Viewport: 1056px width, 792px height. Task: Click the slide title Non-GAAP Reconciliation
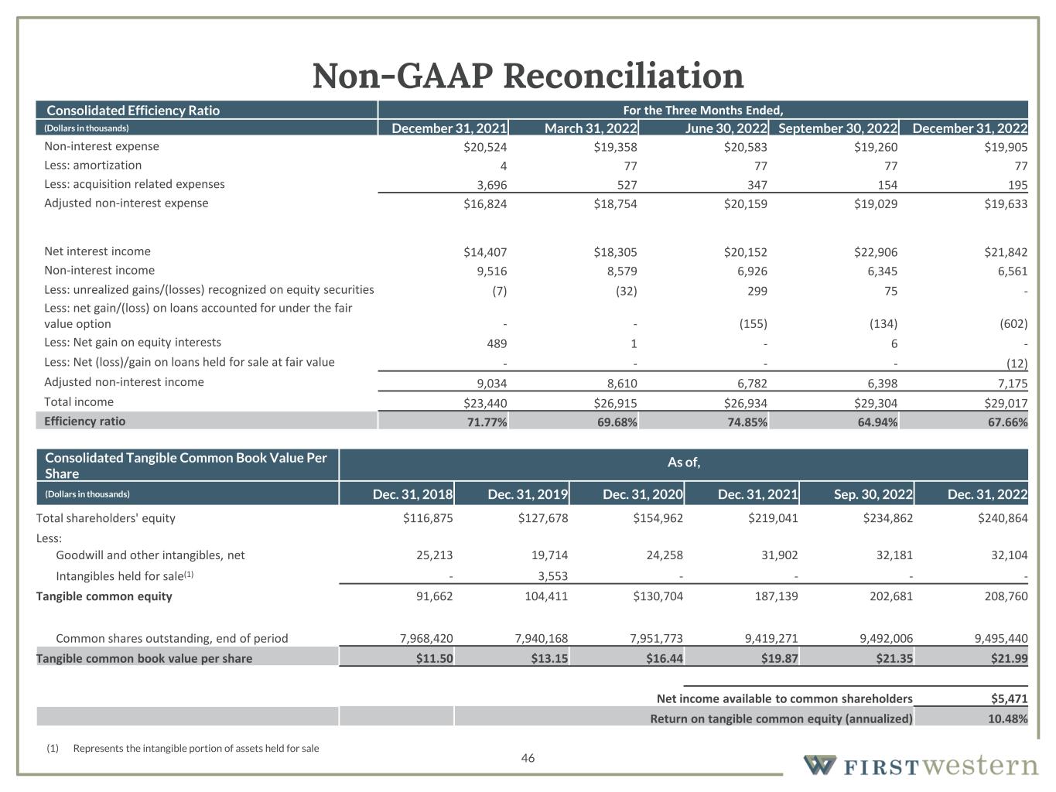[528, 76]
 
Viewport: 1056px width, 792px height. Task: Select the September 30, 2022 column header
[838, 128]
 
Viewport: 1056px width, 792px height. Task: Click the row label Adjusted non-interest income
[124, 382]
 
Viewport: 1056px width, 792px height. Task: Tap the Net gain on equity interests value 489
[497, 343]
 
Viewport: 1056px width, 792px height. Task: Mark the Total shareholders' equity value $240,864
[1003, 518]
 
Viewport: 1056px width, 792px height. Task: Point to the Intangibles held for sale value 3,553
[552, 577]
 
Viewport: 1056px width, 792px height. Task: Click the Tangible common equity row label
[104, 596]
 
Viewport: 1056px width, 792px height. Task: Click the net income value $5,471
[1009, 698]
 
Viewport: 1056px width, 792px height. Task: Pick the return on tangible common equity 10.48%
[1006, 719]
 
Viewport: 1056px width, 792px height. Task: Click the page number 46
[528, 758]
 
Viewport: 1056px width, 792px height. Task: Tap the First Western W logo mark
[819, 765]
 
